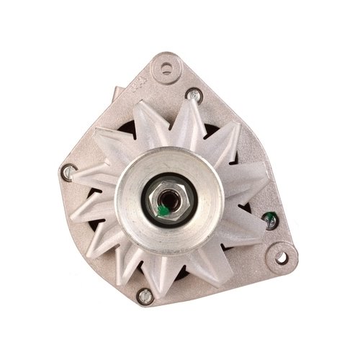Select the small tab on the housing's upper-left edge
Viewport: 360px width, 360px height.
(113, 92)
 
